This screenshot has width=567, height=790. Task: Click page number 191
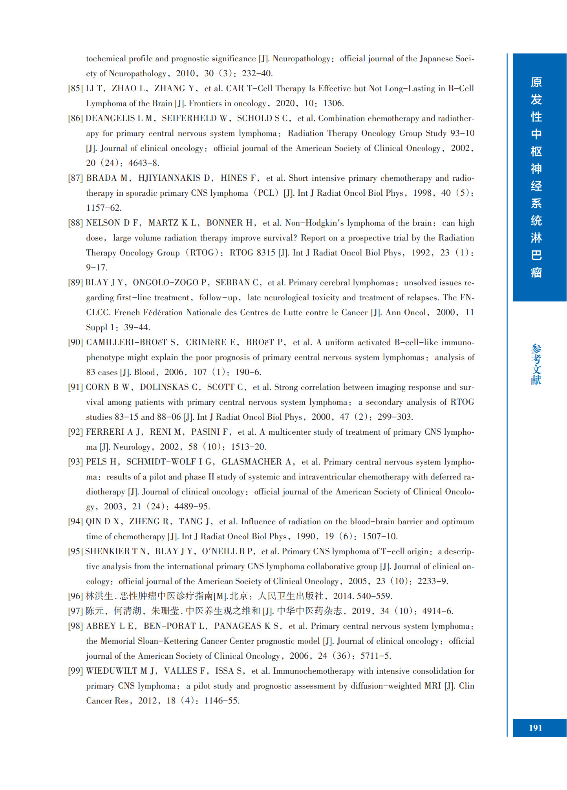coord(535,728)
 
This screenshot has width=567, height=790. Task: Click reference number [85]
coord(75,89)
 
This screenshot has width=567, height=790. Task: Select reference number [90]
coord(75,343)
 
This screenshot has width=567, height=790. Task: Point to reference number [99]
coord(75,671)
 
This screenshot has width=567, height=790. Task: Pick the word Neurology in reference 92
coord(132,447)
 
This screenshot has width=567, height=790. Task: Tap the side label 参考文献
coord(536,364)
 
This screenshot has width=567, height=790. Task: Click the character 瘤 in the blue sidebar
coord(536,272)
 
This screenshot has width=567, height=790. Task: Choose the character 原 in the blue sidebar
coord(536,82)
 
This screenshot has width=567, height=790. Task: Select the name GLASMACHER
coord(251,462)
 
